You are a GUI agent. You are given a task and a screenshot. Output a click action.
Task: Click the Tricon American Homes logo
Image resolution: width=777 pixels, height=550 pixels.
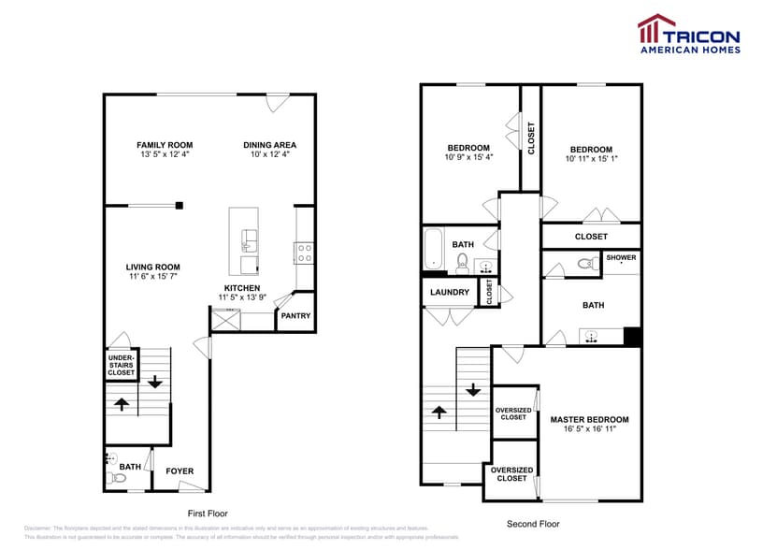click(688, 34)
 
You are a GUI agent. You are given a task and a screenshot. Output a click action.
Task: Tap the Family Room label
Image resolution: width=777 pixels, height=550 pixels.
click(165, 145)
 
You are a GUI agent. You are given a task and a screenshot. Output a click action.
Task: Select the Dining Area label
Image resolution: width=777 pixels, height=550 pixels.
click(270, 145)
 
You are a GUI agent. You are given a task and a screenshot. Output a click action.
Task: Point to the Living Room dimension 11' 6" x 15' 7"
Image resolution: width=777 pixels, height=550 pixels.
click(153, 278)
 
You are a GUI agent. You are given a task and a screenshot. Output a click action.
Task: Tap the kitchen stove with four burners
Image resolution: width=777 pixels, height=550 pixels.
click(304, 251)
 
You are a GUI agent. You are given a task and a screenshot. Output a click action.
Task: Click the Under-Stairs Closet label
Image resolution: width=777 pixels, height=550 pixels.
click(121, 365)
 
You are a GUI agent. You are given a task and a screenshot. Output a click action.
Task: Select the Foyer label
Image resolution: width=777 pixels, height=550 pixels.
click(180, 470)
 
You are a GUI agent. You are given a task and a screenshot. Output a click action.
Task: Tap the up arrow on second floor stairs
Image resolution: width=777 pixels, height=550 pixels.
click(439, 412)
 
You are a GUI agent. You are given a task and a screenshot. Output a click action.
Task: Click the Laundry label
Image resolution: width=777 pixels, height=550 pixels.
click(449, 292)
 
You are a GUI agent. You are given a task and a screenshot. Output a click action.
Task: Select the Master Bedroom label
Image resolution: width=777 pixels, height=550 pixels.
click(589, 419)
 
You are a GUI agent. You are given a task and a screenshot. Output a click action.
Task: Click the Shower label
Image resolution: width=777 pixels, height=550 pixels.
click(621, 257)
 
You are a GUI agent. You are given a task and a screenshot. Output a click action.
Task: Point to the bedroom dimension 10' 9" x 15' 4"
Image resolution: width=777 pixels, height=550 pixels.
click(468, 157)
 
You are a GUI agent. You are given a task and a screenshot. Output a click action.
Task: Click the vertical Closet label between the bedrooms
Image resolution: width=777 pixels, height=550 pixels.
click(531, 138)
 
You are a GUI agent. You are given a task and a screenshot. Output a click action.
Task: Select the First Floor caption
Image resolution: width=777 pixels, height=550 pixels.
click(208, 514)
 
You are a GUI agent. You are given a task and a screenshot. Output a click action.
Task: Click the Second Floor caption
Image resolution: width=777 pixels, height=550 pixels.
click(532, 524)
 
